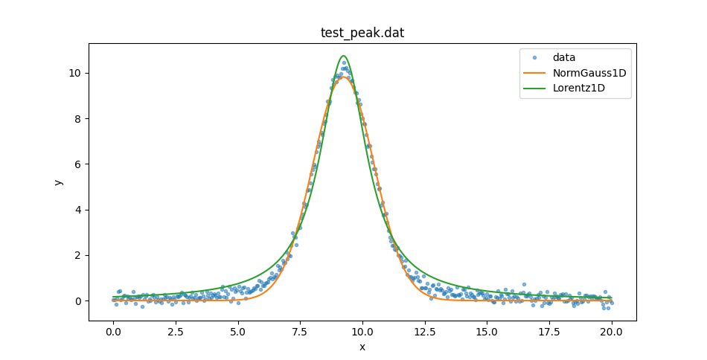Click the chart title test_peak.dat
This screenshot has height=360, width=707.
pos(362,33)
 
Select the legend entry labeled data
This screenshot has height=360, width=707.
pos(563,57)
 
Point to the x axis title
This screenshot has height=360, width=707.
pos(362,347)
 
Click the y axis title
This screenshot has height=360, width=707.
pos(59,182)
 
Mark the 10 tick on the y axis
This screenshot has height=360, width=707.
pos(76,73)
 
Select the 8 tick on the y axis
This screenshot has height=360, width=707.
pos(79,118)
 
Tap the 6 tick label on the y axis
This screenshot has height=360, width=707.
pos(79,164)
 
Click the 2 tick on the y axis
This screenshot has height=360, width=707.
pos(79,255)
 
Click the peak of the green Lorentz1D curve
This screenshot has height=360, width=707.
pos(343,56)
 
